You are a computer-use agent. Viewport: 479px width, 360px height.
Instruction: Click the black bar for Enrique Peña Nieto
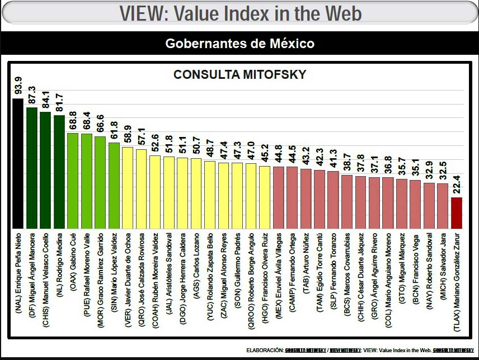point(18,164)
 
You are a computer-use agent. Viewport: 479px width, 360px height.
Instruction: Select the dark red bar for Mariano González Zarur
point(457,213)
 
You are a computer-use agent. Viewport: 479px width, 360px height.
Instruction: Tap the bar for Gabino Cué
point(73,181)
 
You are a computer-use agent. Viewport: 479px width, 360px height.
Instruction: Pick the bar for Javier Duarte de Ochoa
point(128,188)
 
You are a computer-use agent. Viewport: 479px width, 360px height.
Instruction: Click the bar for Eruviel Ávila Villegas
point(279,198)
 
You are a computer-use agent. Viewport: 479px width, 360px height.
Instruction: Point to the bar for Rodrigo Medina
point(59,172)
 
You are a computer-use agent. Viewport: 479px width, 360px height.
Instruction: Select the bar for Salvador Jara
point(443,206)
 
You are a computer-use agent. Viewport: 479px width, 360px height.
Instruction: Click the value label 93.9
point(18,86)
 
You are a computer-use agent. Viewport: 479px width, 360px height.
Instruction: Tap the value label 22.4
point(457,184)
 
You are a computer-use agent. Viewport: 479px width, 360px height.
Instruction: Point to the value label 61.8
point(114,130)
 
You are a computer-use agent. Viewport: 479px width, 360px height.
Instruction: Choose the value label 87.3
point(32,94)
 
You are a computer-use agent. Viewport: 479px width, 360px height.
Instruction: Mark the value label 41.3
point(334,158)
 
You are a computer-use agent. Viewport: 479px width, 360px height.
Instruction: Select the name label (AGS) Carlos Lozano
point(196,266)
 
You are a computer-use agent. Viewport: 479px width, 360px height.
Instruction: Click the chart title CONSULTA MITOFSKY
point(240,75)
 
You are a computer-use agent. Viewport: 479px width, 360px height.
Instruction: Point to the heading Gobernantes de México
point(240,43)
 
